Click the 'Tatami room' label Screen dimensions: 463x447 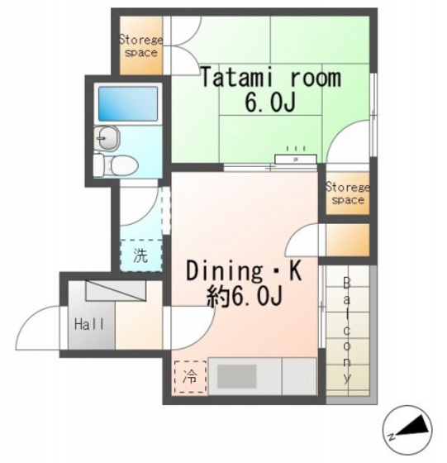tap(270, 79)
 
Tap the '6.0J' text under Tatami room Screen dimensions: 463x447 tap(270, 104)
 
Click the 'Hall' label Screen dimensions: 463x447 tap(89, 323)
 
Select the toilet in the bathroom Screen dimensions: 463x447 tap(113, 165)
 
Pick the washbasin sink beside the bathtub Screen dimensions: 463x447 tap(107, 137)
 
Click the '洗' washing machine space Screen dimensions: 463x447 tap(141, 255)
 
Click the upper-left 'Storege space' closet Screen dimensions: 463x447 tap(140, 45)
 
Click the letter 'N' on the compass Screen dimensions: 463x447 tap(391, 436)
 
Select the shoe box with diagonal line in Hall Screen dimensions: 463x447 tap(115, 290)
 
